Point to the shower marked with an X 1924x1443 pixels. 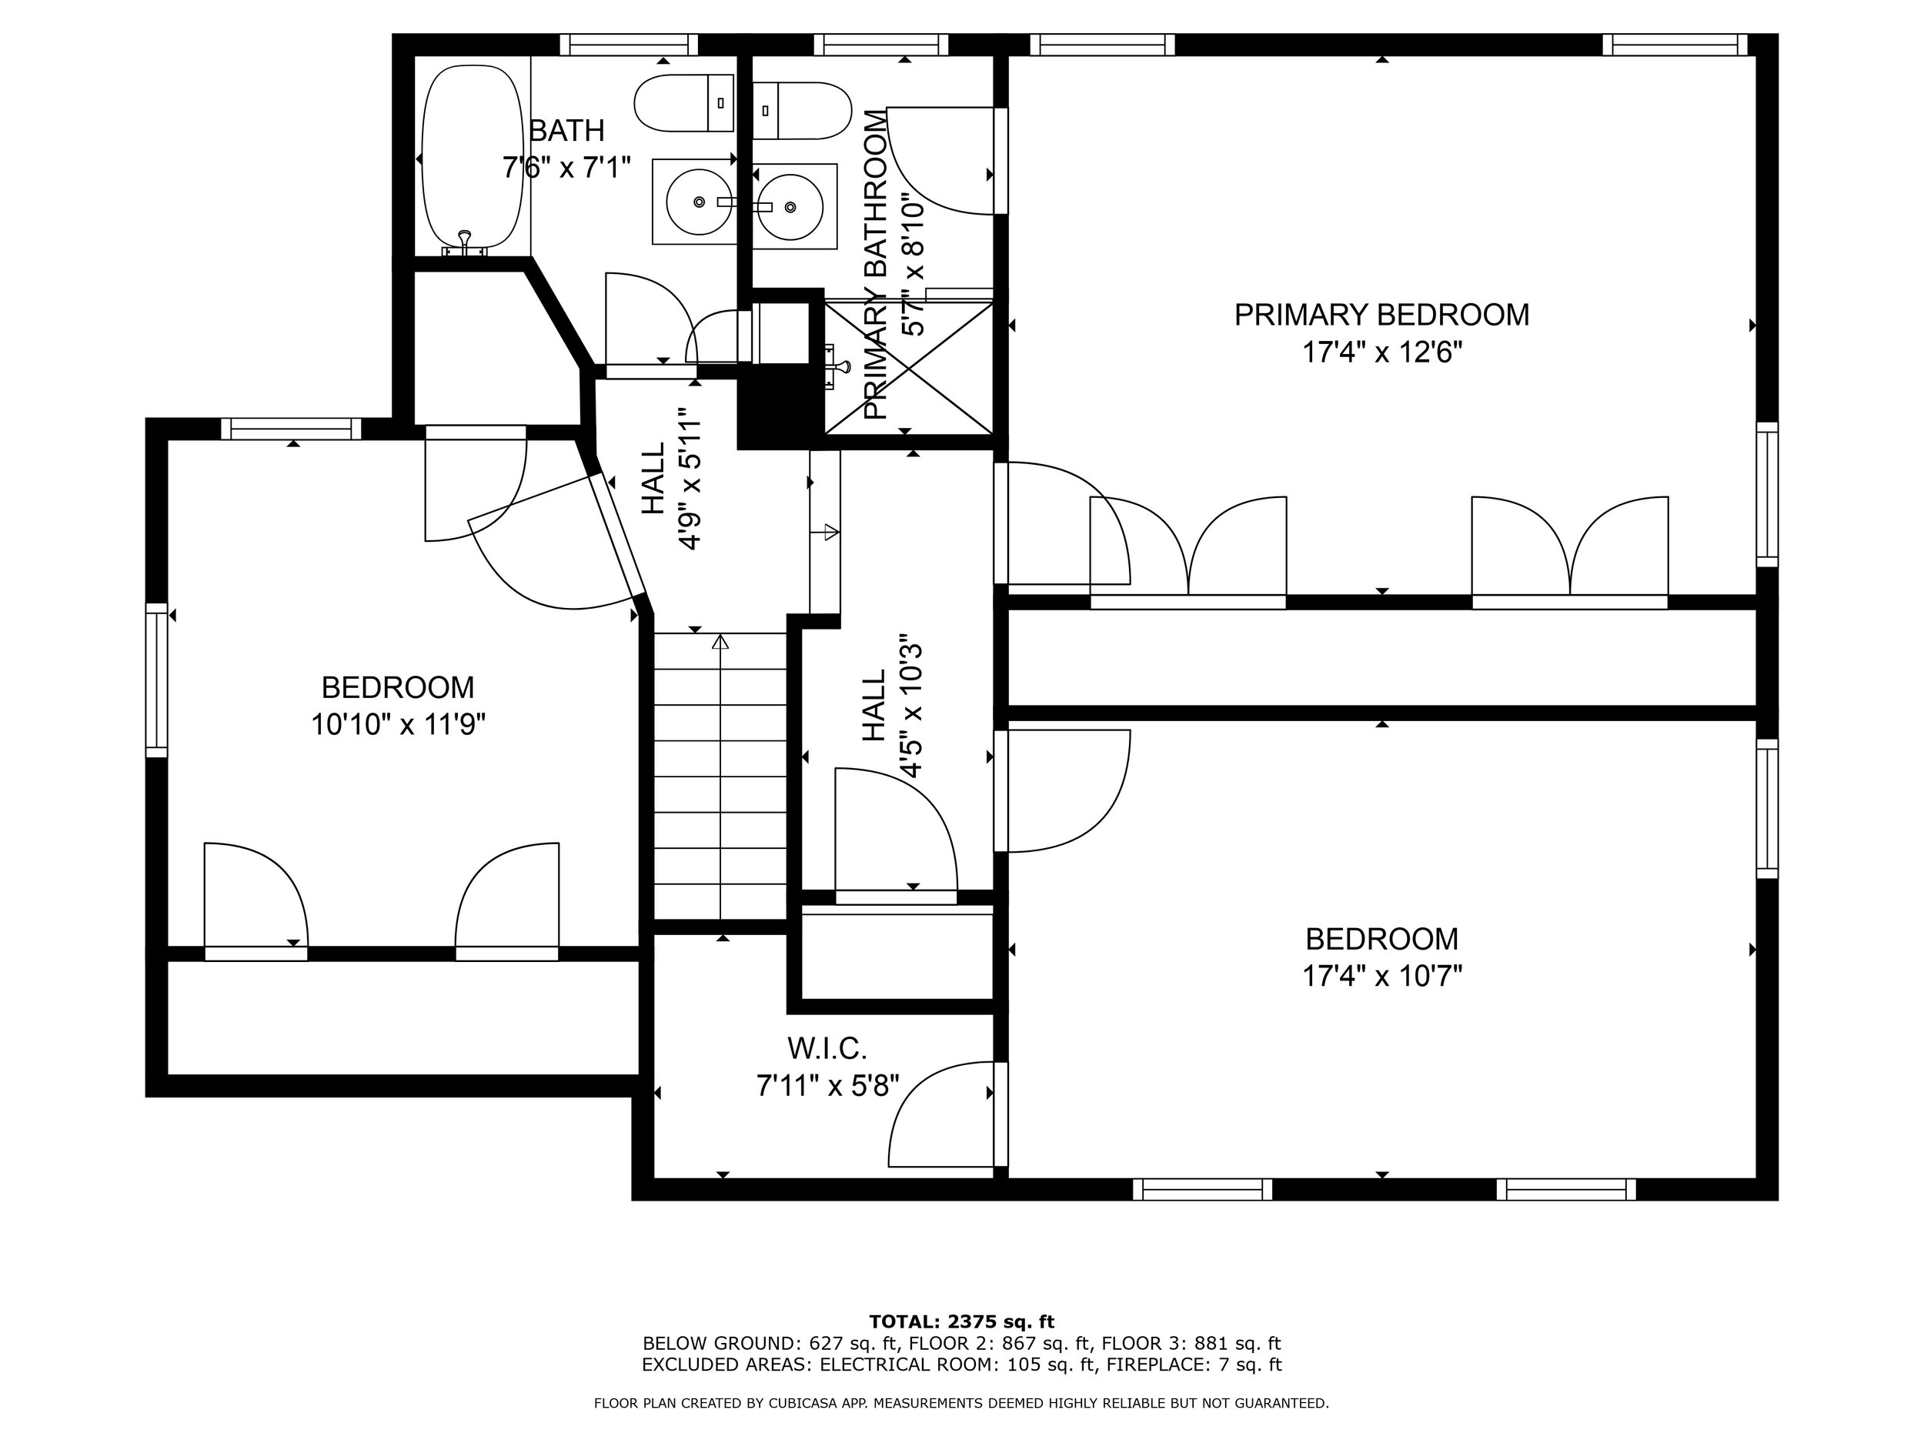point(908,367)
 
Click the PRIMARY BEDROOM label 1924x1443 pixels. point(1381,315)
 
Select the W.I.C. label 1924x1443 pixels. point(827,1049)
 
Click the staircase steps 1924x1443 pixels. point(720,774)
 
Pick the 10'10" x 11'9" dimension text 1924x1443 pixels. point(398,724)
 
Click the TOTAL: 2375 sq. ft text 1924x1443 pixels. point(961,1322)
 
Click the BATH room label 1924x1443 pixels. point(566,131)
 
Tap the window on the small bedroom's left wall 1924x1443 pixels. point(155,680)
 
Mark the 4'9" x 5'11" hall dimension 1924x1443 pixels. point(690,479)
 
